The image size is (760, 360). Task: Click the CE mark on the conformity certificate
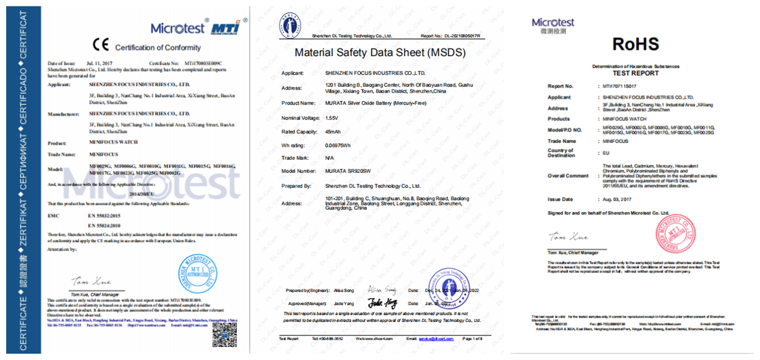click(x=100, y=45)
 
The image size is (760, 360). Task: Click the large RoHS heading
click(x=635, y=44)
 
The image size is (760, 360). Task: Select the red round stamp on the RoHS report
click(x=676, y=235)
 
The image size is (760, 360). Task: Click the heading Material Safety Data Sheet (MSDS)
click(x=380, y=53)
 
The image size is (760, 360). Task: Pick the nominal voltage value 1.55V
click(x=332, y=117)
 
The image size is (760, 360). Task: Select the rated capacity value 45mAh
click(x=333, y=131)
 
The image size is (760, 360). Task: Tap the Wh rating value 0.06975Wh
click(x=339, y=145)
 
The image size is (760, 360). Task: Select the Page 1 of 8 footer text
click(x=472, y=339)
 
